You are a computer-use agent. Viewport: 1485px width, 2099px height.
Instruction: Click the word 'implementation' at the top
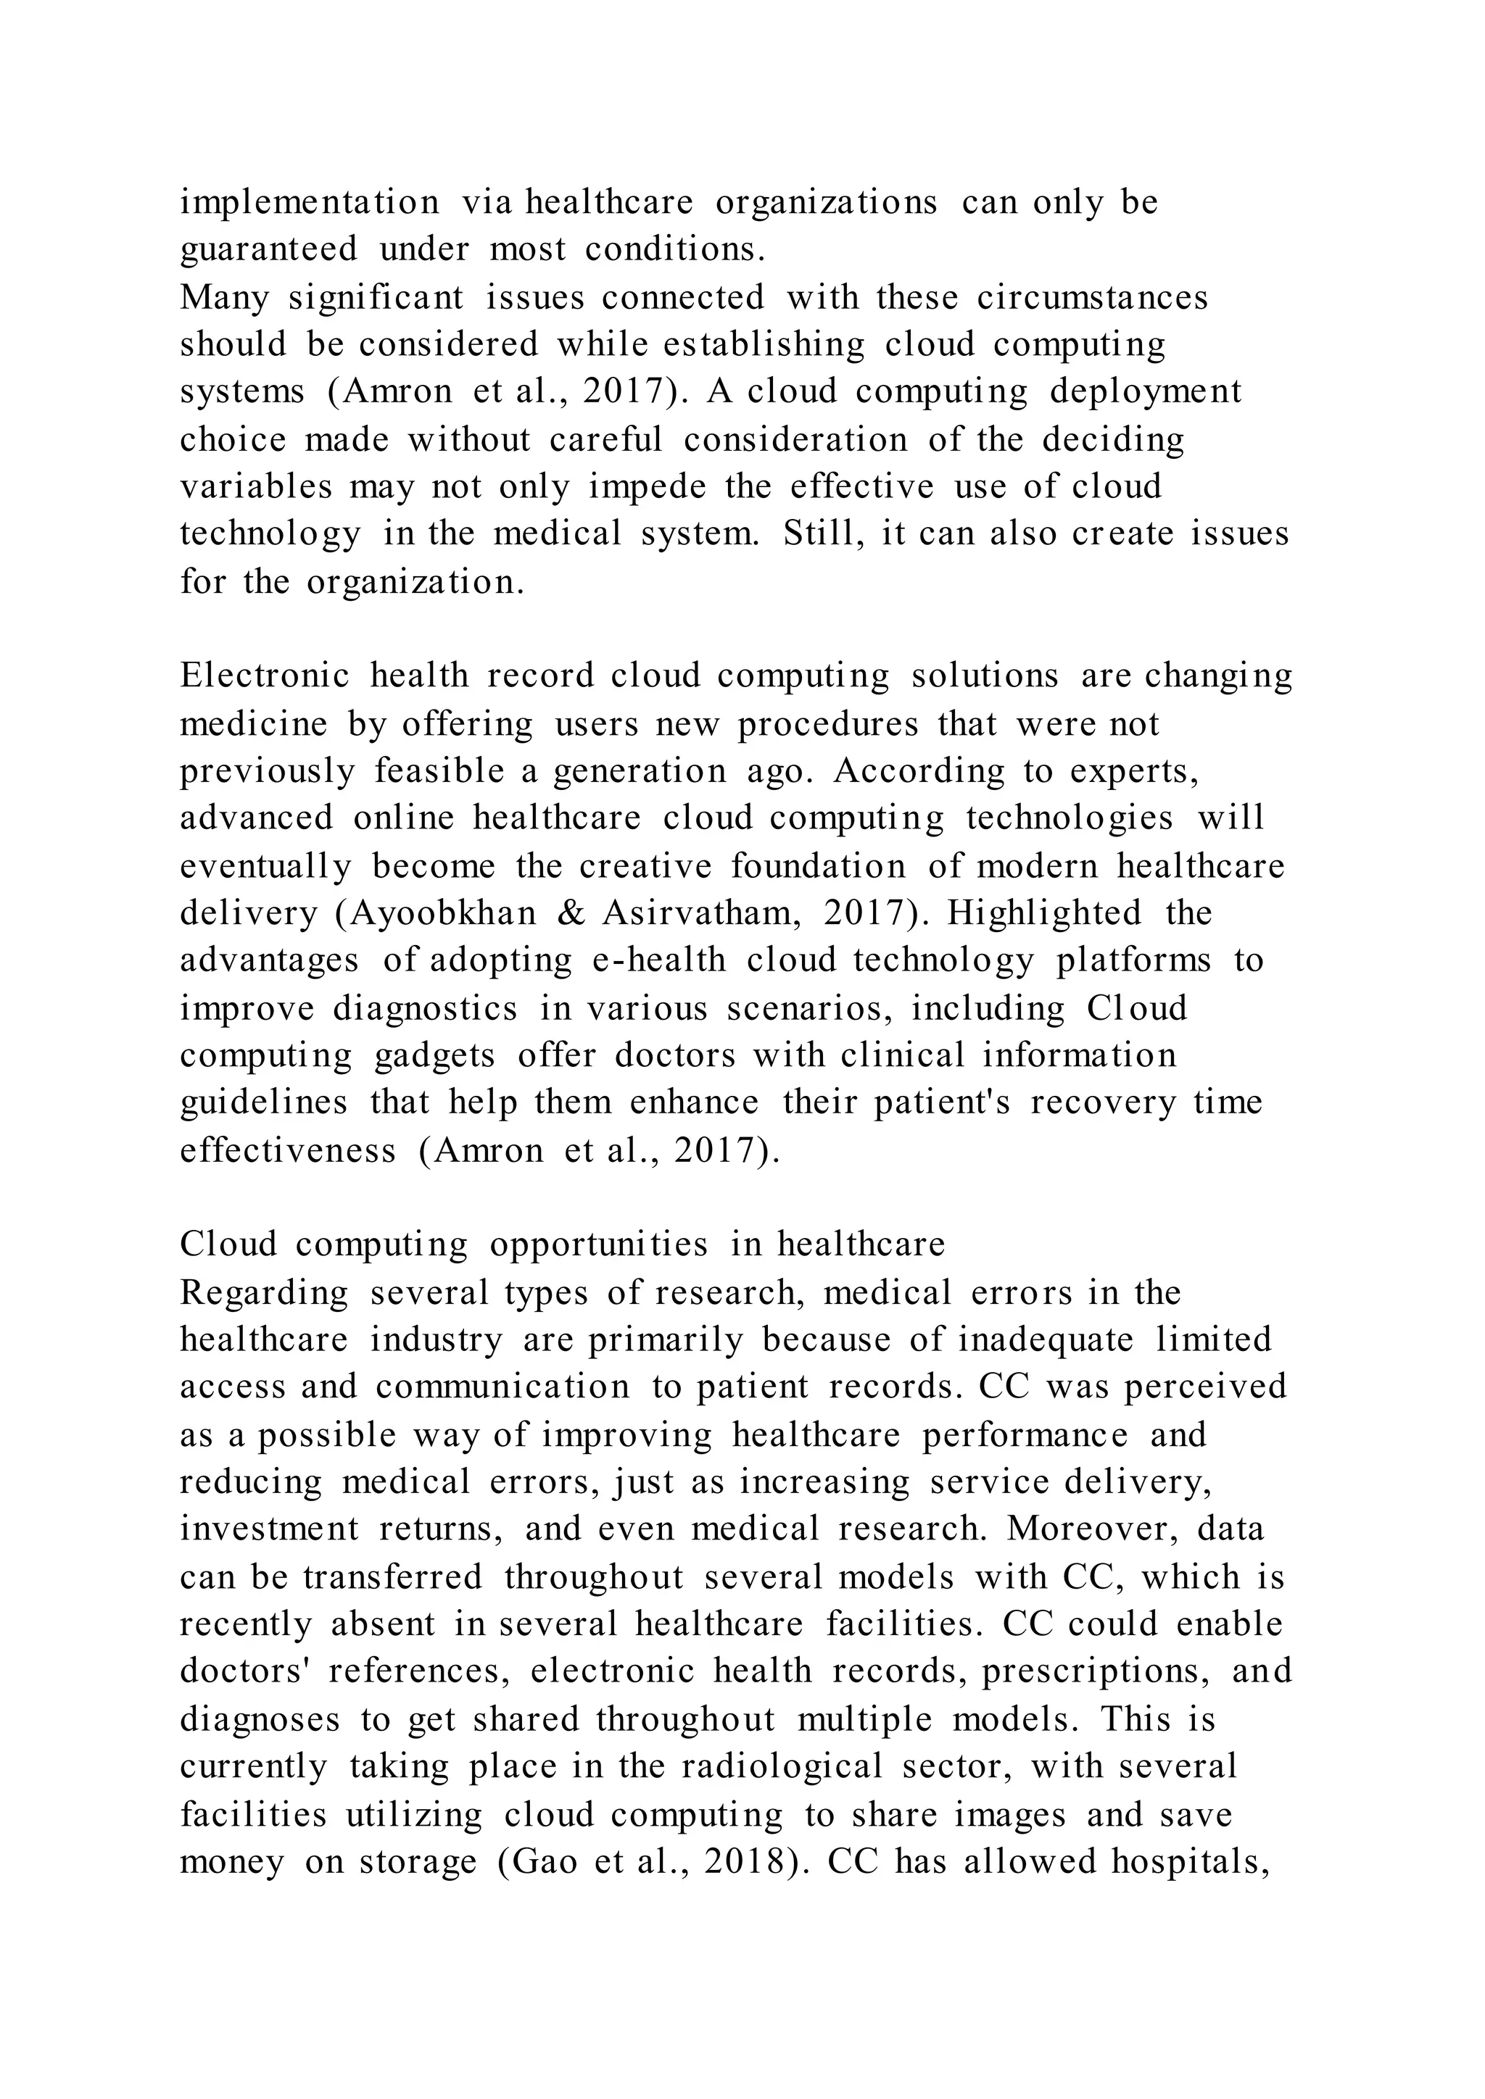[x=309, y=203]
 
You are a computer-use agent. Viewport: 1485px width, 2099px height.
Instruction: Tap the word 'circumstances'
[x=1093, y=297]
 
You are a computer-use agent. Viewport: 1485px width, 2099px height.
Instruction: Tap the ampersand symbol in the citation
[x=570, y=913]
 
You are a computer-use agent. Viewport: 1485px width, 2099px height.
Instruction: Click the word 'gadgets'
[x=435, y=1055]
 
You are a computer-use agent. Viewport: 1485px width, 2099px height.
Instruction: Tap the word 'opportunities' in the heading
[x=599, y=1244]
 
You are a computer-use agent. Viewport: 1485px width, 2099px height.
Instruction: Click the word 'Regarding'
[x=264, y=1293]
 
